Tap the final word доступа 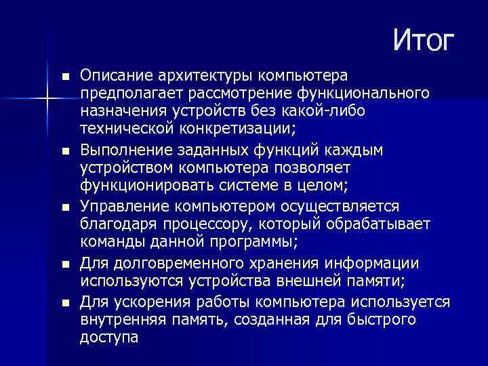click(109, 337)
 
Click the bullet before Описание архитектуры click(64, 75)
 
